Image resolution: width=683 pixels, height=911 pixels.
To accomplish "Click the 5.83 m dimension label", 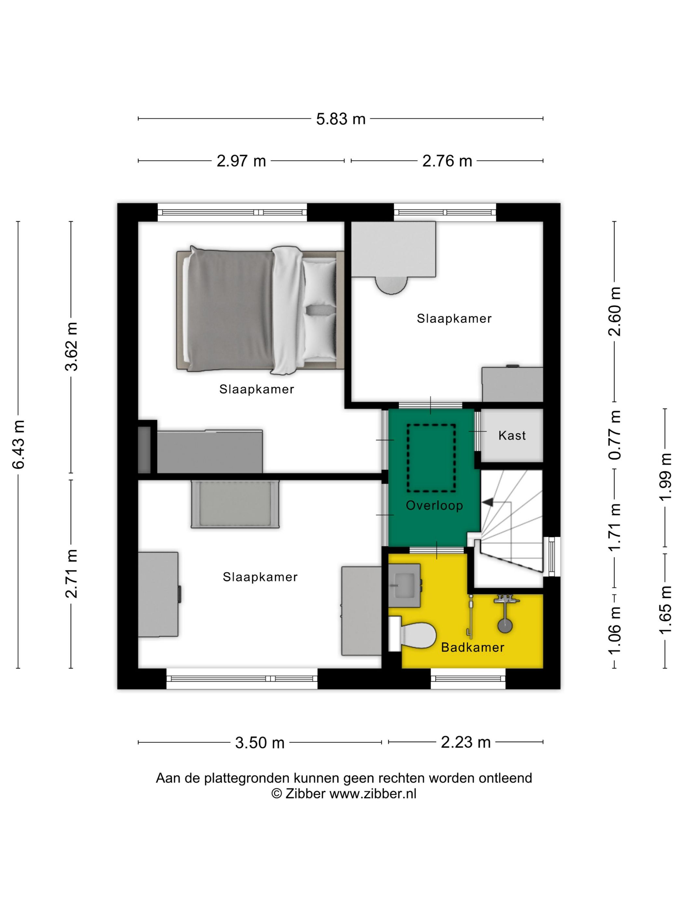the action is (x=341, y=119).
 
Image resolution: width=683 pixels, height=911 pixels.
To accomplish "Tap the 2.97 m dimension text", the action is (x=241, y=161).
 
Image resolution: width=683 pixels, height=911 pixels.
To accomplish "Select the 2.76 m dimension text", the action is (x=447, y=161).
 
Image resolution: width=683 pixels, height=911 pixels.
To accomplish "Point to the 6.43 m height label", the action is (x=19, y=445).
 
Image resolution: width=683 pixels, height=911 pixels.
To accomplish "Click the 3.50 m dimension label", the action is (x=260, y=742).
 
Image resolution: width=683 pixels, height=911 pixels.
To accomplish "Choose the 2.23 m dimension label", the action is (x=466, y=742).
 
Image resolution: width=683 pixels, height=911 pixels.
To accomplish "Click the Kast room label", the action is (x=512, y=435).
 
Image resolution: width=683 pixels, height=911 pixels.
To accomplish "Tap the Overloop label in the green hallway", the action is (x=434, y=506).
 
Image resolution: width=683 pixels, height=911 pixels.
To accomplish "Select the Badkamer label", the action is (x=473, y=647).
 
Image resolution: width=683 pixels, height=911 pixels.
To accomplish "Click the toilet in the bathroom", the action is (x=412, y=634).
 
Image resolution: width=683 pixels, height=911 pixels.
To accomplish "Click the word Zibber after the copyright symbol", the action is (x=305, y=794).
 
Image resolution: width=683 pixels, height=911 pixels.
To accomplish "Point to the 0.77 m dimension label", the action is (x=615, y=435).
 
